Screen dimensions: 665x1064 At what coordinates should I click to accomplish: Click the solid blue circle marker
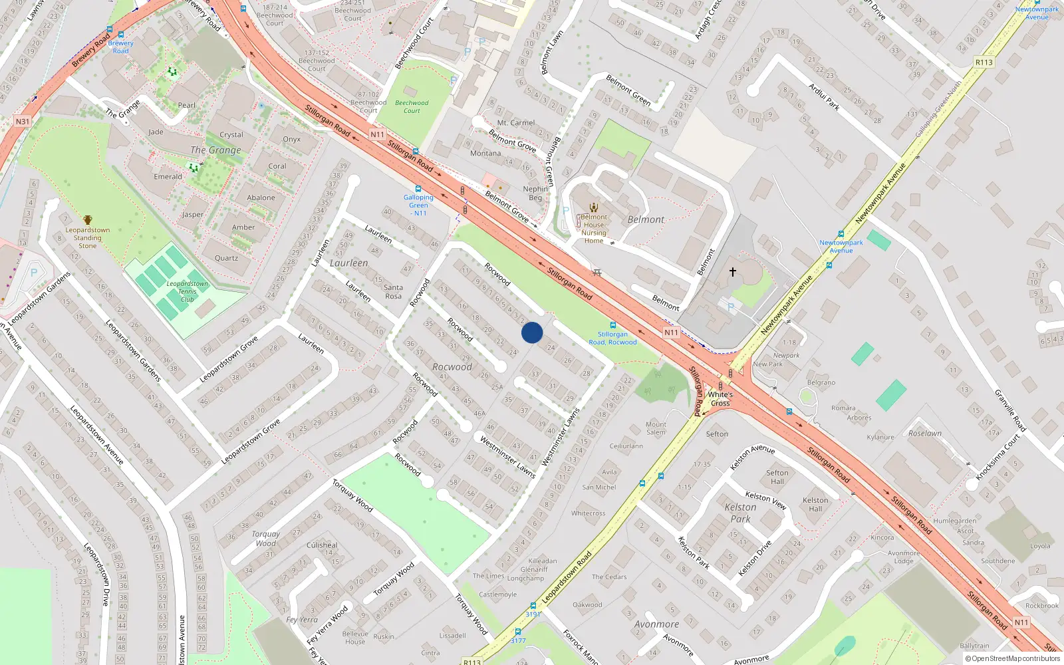(532, 332)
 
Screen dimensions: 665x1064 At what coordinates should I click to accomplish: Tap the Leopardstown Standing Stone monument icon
(88, 220)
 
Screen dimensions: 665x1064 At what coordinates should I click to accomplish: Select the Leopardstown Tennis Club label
(187, 292)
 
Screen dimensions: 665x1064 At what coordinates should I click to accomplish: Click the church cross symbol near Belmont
(733, 272)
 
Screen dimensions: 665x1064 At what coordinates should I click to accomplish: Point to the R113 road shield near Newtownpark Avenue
(984, 63)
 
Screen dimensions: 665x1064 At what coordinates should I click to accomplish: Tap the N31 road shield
(23, 122)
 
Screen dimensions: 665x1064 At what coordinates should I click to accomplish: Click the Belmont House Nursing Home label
(594, 229)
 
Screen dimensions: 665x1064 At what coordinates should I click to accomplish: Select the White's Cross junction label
(720, 398)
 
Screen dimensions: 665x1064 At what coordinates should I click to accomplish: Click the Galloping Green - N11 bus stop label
(418, 205)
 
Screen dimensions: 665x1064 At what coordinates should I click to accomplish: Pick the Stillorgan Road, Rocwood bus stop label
(612, 338)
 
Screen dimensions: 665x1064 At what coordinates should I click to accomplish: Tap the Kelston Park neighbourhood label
(740, 513)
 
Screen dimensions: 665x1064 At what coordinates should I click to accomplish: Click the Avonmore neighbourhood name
(656, 624)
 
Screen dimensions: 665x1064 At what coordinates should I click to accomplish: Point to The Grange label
(216, 150)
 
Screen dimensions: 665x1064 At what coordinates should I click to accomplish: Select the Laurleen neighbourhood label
(348, 263)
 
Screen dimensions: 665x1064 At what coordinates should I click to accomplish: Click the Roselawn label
(925, 433)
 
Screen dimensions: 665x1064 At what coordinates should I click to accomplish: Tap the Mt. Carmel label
(516, 123)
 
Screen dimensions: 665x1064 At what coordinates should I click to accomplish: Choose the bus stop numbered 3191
(533, 614)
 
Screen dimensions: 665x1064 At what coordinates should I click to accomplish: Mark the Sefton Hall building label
(777, 477)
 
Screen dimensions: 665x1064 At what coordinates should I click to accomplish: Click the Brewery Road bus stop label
(120, 47)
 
